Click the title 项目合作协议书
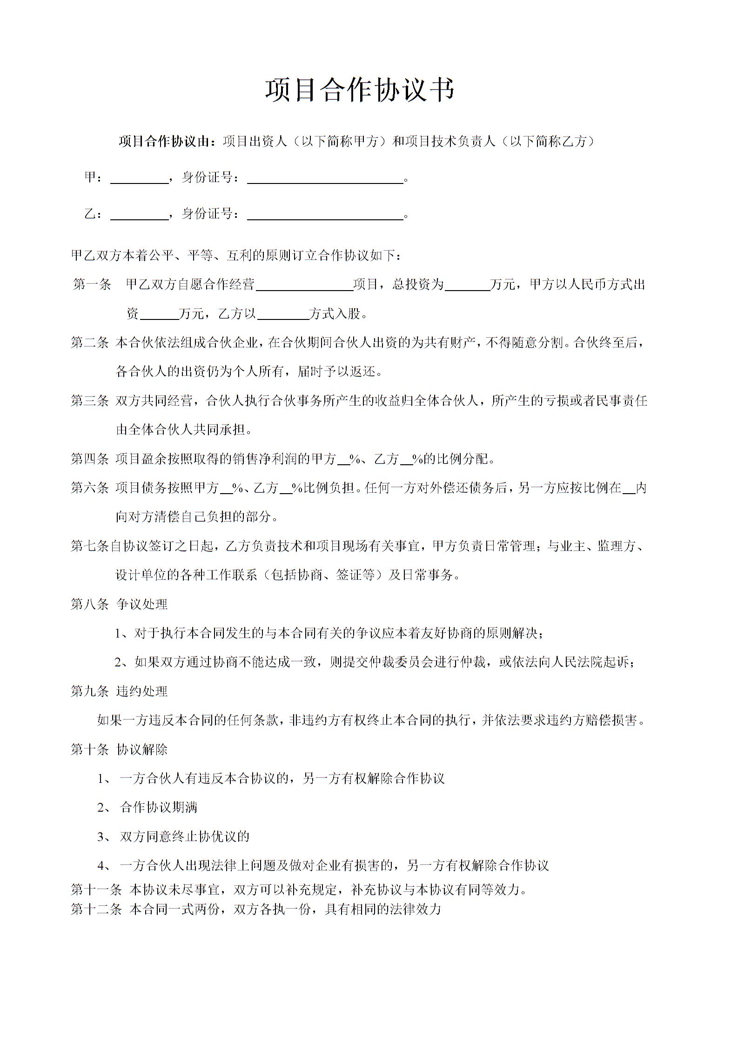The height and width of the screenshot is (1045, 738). (x=359, y=90)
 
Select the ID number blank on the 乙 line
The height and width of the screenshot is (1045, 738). (x=325, y=216)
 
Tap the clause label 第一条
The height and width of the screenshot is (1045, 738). (x=92, y=285)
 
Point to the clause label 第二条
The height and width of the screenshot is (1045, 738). (x=89, y=343)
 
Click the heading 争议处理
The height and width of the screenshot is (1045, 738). (x=142, y=604)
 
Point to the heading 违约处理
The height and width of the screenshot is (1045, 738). (x=142, y=691)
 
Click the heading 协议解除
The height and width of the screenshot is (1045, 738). (x=142, y=749)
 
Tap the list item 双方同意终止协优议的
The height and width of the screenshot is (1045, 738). (x=184, y=836)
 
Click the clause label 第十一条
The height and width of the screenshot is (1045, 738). (x=96, y=889)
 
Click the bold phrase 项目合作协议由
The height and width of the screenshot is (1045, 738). (x=165, y=141)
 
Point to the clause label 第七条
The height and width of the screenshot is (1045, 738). (x=89, y=546)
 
